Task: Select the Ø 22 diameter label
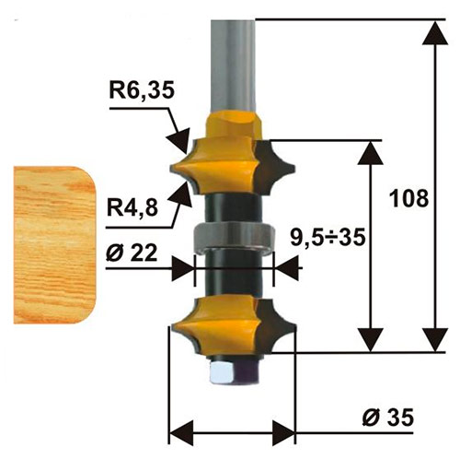pyautogui.click(x=128, y=254)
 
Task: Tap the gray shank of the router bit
pyautogui.click(x=232, y=55)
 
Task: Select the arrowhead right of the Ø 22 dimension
pyautogui.click(x=285, y=267)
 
